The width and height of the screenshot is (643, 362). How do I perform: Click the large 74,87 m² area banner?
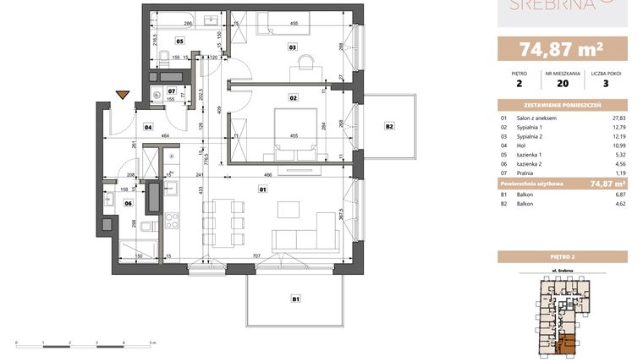(x=563, y=48)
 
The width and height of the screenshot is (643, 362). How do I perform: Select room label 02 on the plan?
(x=294, y=98)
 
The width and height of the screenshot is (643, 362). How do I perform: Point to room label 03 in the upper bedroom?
(x=292, y=47)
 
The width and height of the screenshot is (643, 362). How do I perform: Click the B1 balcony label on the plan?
(x=296, y=298)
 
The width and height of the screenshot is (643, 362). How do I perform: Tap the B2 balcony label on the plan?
(x=389, y=126)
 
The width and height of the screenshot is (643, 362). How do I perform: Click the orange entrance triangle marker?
(x=123, y=95)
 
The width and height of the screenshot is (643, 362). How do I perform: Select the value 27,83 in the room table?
(x=618, y=118)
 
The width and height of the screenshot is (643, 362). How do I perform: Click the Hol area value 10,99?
(x=618, y=145)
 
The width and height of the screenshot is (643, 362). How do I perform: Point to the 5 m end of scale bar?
(x=151, y=343)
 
